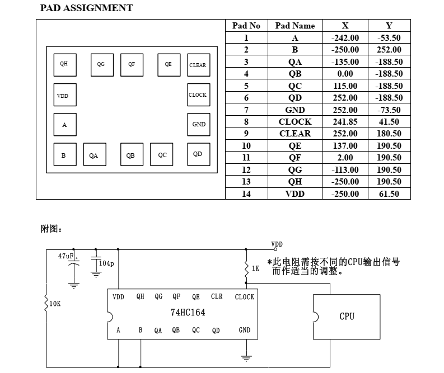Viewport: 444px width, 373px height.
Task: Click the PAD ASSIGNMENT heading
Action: pos(87,8)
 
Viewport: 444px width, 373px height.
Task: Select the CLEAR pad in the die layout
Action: pos(198,65)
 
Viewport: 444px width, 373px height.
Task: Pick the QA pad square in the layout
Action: pos(94,155)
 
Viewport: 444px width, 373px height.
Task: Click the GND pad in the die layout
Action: pos(198,125)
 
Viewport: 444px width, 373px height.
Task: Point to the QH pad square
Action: pos(64,64)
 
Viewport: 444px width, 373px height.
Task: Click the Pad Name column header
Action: pos(295,26)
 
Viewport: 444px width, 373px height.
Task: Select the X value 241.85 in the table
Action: pos(345,122)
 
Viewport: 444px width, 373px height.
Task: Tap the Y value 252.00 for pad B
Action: pos(389,50)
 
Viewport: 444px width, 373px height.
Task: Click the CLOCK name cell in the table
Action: pos(295,122)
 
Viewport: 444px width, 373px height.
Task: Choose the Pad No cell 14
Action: pos(246,194)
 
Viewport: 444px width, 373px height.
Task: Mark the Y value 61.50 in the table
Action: pos(389,194)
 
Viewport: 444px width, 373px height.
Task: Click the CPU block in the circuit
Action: pos(347,317)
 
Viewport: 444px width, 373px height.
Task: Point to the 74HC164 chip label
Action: pos(188,313)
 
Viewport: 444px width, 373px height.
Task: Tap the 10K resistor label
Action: pos(55,304)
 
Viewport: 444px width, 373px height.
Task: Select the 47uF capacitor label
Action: pos(67,256)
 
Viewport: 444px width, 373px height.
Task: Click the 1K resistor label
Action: pos(255,268)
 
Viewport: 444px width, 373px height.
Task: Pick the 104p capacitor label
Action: pos(106,263)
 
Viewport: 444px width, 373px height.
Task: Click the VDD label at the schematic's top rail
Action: pos(277,244)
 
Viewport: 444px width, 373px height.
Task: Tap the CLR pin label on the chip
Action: pos(217,297)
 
